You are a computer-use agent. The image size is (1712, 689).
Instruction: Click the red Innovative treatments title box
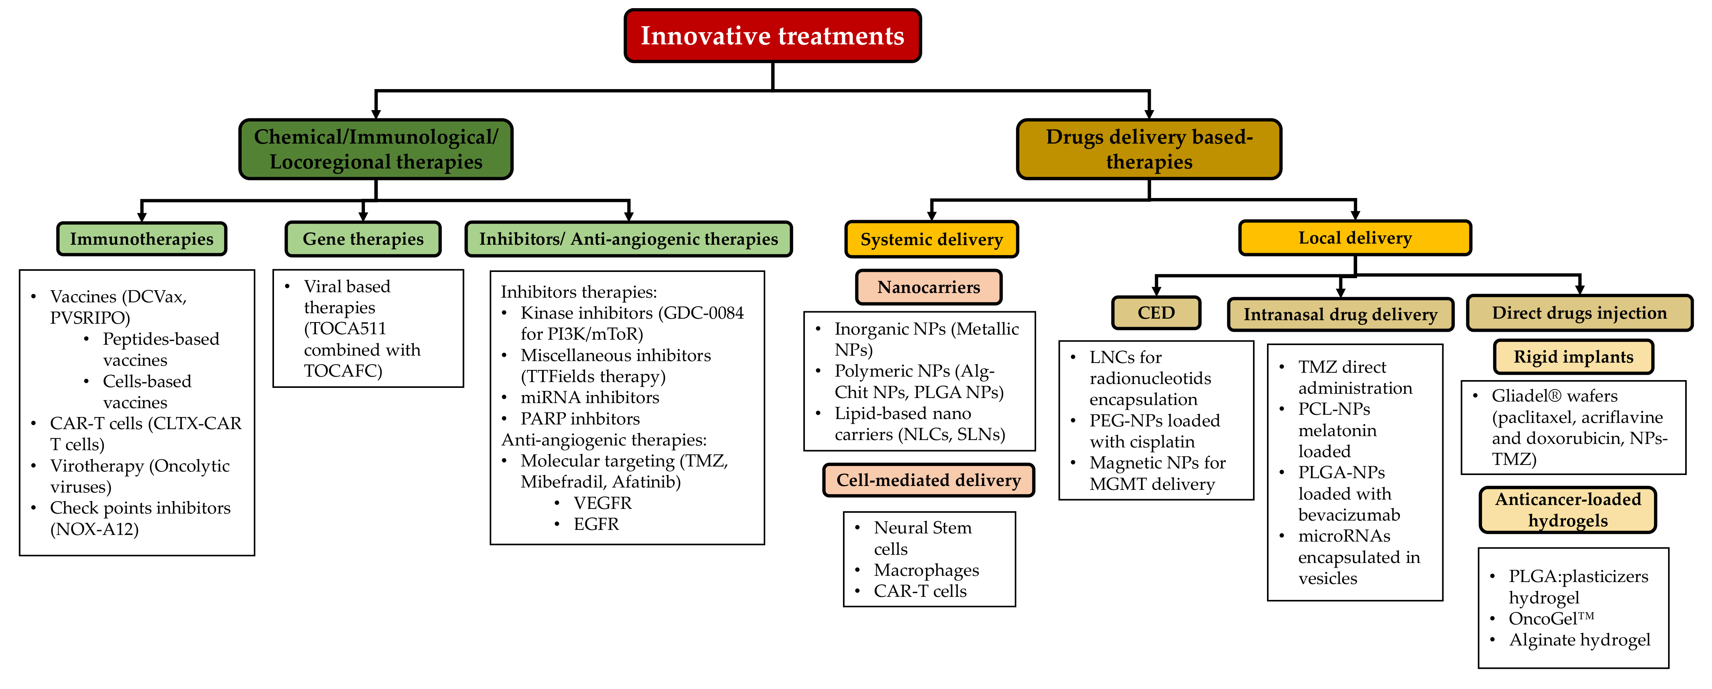[772, 36]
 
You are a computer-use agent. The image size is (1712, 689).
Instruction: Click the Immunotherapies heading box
[141, 239]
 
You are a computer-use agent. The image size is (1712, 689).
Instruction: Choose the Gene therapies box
[363, 239]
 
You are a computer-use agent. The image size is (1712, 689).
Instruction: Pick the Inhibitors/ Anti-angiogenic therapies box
[628, 239]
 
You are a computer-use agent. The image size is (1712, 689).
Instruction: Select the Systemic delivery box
[931, 239]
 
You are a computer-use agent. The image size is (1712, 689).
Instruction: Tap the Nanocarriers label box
[928, 287]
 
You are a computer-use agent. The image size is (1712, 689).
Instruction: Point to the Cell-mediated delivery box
[928, 480]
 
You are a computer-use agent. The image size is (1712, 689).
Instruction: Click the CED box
[1156, 312]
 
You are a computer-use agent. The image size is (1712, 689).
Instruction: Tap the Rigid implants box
[1573, 357]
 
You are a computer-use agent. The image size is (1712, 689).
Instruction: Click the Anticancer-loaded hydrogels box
[1568, 510]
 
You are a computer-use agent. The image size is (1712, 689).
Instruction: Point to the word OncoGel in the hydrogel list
[1542, 619]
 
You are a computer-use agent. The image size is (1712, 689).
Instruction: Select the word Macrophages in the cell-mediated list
[927, 570]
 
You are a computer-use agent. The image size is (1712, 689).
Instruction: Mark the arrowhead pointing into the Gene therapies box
[363, 216]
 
